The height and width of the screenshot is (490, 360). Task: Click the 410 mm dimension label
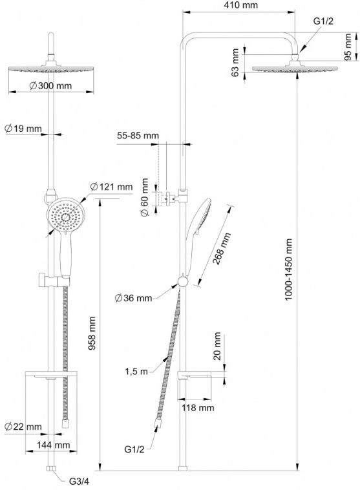click(x=240, y=5)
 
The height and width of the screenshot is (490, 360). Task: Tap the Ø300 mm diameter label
click(x=50, y=85)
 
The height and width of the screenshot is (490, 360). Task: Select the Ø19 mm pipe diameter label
click(x=23, y=128)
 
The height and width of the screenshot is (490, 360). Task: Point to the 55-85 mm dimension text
click(x=138, y=136)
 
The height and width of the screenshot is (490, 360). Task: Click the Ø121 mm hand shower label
click(x=112, y=187)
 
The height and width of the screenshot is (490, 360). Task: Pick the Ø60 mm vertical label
click(x=144, y=197)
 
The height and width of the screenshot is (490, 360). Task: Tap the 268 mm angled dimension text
click(x=221, y=248)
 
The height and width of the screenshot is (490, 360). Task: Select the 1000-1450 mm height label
click(x=289, y=270)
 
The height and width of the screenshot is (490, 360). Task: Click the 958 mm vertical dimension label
click(x=92, y=333)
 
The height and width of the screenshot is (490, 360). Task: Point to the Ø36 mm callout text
click(x=133, y=298)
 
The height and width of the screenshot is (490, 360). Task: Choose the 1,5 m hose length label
click(x=136, y=372)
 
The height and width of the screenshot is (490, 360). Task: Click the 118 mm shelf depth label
click(x=198, y=407)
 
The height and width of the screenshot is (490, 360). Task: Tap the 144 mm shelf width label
click(x=54, y=445)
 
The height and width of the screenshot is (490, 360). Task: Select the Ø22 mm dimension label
click(x=23, y=426)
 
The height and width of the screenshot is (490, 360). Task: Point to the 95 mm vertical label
click(x=348, y=47)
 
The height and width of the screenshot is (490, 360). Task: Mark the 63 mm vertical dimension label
click(x=235, y=63)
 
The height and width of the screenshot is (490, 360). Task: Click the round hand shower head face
click(x=66, y=217)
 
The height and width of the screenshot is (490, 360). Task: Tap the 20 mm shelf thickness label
click(x=217, y=346)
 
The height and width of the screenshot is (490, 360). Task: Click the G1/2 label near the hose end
click(x=134, y=449)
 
